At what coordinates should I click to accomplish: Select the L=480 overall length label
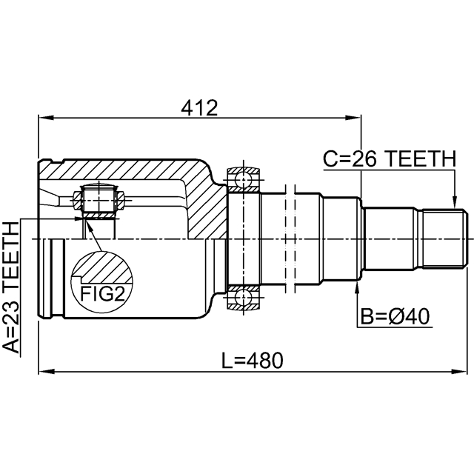[x=252, y=361]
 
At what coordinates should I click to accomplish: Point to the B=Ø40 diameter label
[x=395, y=316]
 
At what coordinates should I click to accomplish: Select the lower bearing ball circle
[x=244, y=298]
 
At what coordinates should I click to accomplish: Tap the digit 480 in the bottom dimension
[x=267, y=361]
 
